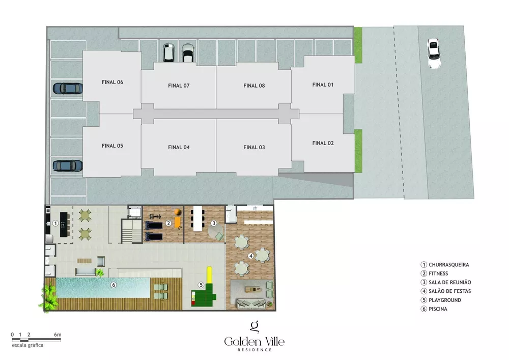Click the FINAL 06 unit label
[112, 82]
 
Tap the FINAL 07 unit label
[179, 86]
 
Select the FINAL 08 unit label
[254, 86]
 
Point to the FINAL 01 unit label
[323, 85]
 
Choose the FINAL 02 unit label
[323, 143]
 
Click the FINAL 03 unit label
[254, 147]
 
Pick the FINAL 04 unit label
[179, 147]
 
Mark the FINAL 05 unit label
[112, 146]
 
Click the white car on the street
[434, 53]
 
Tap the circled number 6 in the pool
[114, 285]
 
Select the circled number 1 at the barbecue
[54, 223]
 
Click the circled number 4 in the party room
[250, 256]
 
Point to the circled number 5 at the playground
[201, 285]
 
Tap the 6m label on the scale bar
[58, 335]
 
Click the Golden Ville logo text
[254, 341]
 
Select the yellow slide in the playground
[208, 277]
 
